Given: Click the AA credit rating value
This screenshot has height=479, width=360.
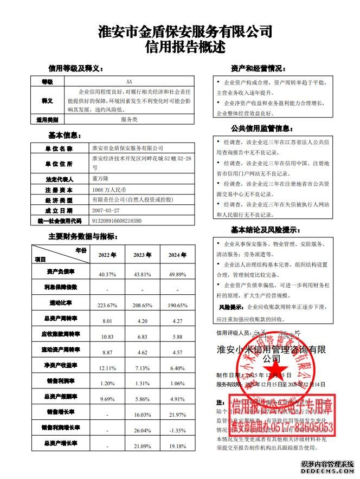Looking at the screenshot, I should [x=129, y=81].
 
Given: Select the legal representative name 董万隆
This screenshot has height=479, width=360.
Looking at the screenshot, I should [x=102, y=178].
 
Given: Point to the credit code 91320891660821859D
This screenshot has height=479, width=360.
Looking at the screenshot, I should [x=117, y=221].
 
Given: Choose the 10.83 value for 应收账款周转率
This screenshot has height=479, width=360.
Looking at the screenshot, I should [x=107, y=336].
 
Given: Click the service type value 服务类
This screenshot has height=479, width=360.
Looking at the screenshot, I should [x=129, y=119].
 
